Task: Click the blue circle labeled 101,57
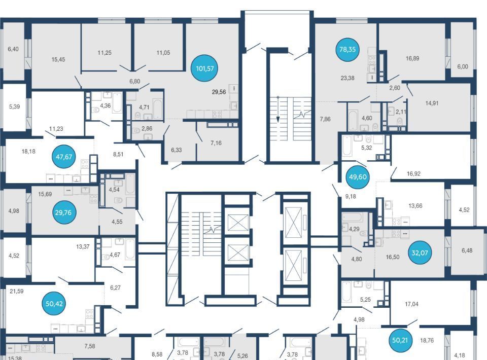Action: (204, 68)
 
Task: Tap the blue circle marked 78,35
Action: (347, 49)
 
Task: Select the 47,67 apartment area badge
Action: (64, 157)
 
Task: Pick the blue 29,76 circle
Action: (63, 212)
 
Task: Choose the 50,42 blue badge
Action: (54, 304)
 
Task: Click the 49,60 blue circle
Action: (358, 177)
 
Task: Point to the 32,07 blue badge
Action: (420, 253)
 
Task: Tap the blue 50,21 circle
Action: (400, 340)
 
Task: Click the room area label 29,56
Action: (219, 92)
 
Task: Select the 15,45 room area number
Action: (58, 59)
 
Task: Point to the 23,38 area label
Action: (347, 78)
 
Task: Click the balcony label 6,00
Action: (463, 66)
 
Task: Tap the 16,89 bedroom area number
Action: (412, 58)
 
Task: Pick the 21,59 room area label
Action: (16, 291)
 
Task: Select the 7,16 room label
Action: (216, 143)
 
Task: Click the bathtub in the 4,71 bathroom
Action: (158, 109)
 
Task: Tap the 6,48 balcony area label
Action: (467, 250)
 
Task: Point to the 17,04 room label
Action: (411, 304)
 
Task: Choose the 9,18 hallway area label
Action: (351, 196)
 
